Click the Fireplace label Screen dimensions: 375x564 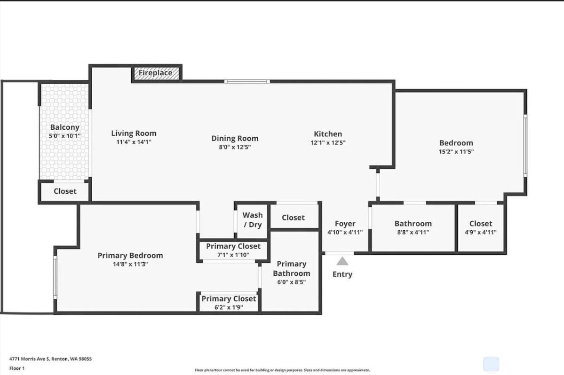coord(155,73)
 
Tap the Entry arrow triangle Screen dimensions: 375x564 coord(342,261)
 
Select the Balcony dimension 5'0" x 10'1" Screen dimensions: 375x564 coord(65,136)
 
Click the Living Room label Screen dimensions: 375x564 coord(134,133)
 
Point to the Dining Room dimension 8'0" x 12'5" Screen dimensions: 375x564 coord(235,147)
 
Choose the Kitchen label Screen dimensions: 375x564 coord(328,134)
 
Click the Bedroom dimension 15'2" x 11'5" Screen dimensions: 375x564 coord(456,152)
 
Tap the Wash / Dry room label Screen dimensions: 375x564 coord(253,219)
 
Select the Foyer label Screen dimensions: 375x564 coord(345,224)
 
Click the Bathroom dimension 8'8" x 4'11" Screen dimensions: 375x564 coord(413,232)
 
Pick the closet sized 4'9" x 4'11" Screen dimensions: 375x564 coord(480,228)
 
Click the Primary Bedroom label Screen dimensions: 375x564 coord(130,256)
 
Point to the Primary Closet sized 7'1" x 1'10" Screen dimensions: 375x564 coord(233,250)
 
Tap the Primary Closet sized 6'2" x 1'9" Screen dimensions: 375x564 coord(229,303)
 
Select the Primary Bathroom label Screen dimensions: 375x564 coord(292,268)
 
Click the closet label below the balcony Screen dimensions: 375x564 coord(65,191)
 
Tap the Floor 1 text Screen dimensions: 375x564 coord(17,368)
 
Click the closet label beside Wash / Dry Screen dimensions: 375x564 coord(293,218)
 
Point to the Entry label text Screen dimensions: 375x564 coord(342,274)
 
